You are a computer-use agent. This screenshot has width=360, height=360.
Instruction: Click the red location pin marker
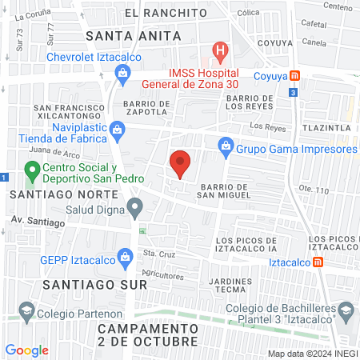click(x=180, y=162)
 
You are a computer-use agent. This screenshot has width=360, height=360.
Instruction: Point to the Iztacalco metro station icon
click(x=318, y=262)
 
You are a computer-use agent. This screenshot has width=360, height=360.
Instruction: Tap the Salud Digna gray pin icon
click(x=135, y=210)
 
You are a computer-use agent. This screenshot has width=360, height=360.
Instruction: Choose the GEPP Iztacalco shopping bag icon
click(x=125, y=257)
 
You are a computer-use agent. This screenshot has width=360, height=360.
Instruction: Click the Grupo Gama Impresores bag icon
click(x=226, y=146)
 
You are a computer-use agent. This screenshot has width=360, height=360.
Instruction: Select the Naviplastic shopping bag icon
click(x=117, y=129)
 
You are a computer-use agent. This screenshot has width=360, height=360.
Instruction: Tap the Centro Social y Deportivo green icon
click(x=32, y=170)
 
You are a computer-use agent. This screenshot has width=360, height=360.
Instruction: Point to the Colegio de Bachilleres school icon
click(x=346, y=310)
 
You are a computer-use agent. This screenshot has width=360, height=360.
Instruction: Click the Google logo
click(x=26, y=350)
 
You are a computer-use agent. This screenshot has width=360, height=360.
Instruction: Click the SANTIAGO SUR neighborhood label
click(x=84, y=285)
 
